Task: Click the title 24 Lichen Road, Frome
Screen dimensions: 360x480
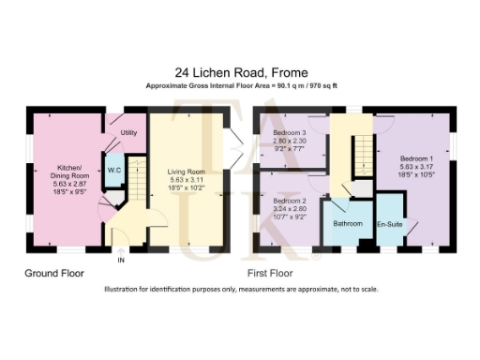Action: click(239, 71)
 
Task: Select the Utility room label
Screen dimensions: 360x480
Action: click(129, 133)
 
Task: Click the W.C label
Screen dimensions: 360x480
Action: click(113, 170)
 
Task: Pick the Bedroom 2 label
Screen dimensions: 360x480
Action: click(290, 201)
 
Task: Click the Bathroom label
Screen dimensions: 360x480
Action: click(347, 224)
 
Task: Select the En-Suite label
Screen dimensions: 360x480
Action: click(389, 225)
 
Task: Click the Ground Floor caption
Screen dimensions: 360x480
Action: click(54, 274)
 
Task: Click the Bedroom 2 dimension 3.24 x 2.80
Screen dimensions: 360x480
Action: click(290, 209)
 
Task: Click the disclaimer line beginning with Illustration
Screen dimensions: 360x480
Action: click(241, 290)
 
